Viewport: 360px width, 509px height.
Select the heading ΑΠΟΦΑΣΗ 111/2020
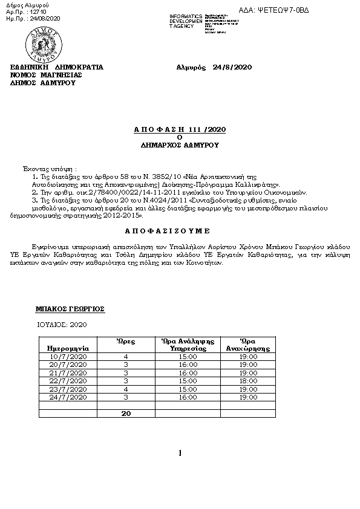pos(180,129)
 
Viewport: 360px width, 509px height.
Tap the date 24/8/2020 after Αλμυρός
pos(232,66)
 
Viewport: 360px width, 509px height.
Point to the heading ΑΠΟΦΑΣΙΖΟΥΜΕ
pos(180,231)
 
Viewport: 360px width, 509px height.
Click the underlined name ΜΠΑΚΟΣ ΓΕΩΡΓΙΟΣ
pos(70,308)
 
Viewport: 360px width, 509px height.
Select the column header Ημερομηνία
pos(64,349)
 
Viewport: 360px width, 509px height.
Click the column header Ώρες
pos(126,342)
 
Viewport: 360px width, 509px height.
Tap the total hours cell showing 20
pos(126,413)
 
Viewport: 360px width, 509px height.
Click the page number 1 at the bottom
pos(180,453)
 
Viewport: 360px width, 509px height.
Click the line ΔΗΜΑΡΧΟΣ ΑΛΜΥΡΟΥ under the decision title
pos(180,146)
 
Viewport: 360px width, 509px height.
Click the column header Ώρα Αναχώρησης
pos(248,345)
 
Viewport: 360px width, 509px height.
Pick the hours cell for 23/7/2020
pos(126,389)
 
